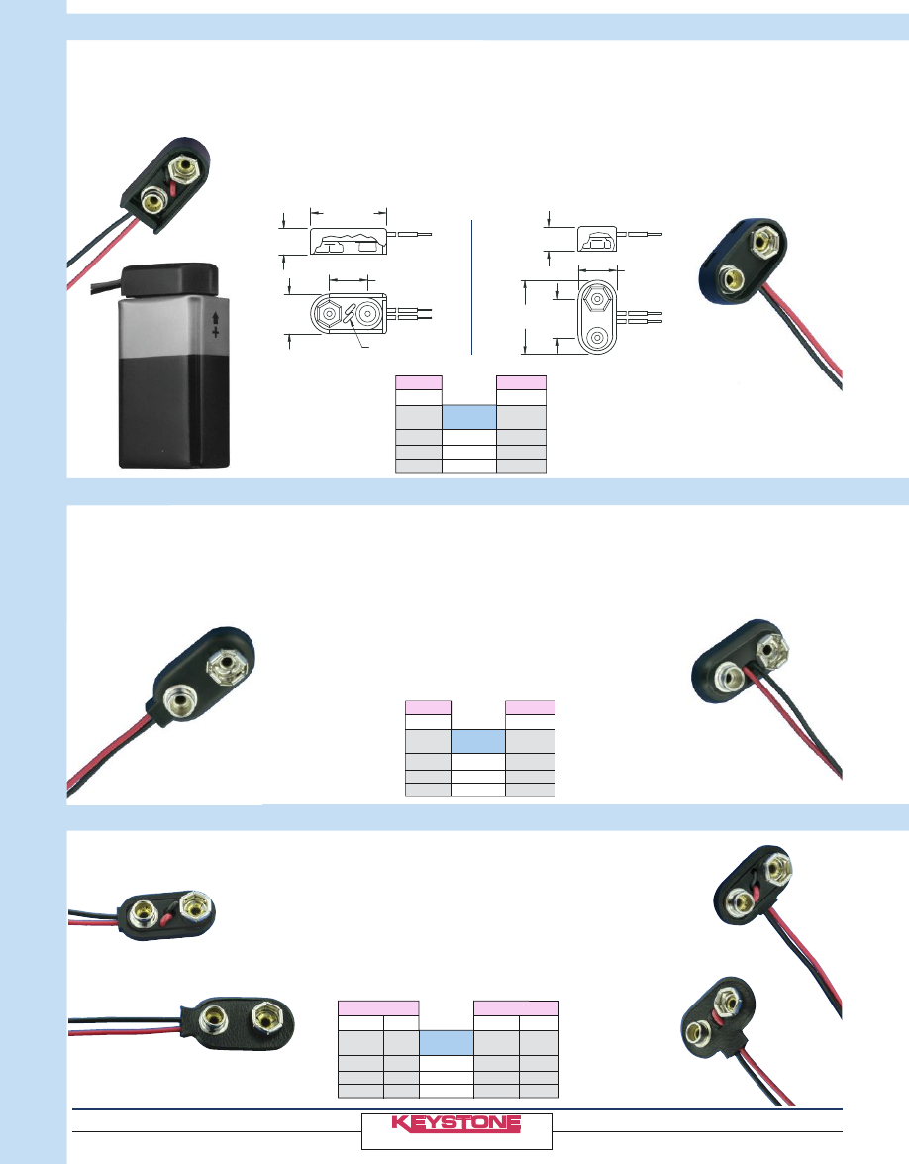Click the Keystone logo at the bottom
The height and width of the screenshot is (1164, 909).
456,1123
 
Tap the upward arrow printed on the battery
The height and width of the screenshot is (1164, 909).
215,321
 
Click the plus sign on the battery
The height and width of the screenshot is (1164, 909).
215,335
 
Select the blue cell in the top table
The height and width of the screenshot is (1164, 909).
469,417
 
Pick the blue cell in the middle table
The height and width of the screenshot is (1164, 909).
479,742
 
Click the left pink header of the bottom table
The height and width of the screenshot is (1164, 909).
377,1007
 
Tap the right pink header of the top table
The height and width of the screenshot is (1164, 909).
521,382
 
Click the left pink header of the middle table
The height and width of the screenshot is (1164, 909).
429,707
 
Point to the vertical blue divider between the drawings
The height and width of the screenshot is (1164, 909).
472,287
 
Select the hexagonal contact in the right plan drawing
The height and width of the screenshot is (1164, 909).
597,298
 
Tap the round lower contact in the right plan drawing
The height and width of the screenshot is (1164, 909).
597,338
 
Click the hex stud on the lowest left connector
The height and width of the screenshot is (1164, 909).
266,1017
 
